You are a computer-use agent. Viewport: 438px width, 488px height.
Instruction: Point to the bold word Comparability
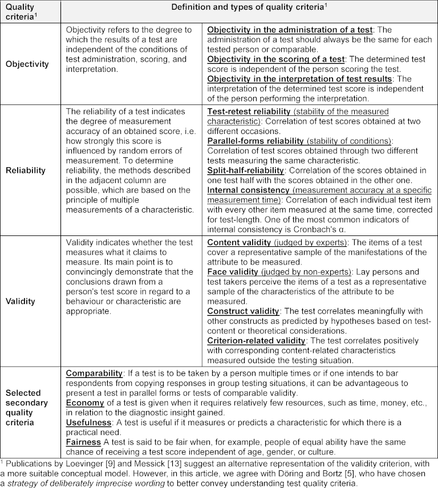coord(94,373)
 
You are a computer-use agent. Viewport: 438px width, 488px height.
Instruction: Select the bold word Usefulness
coord(90,424)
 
